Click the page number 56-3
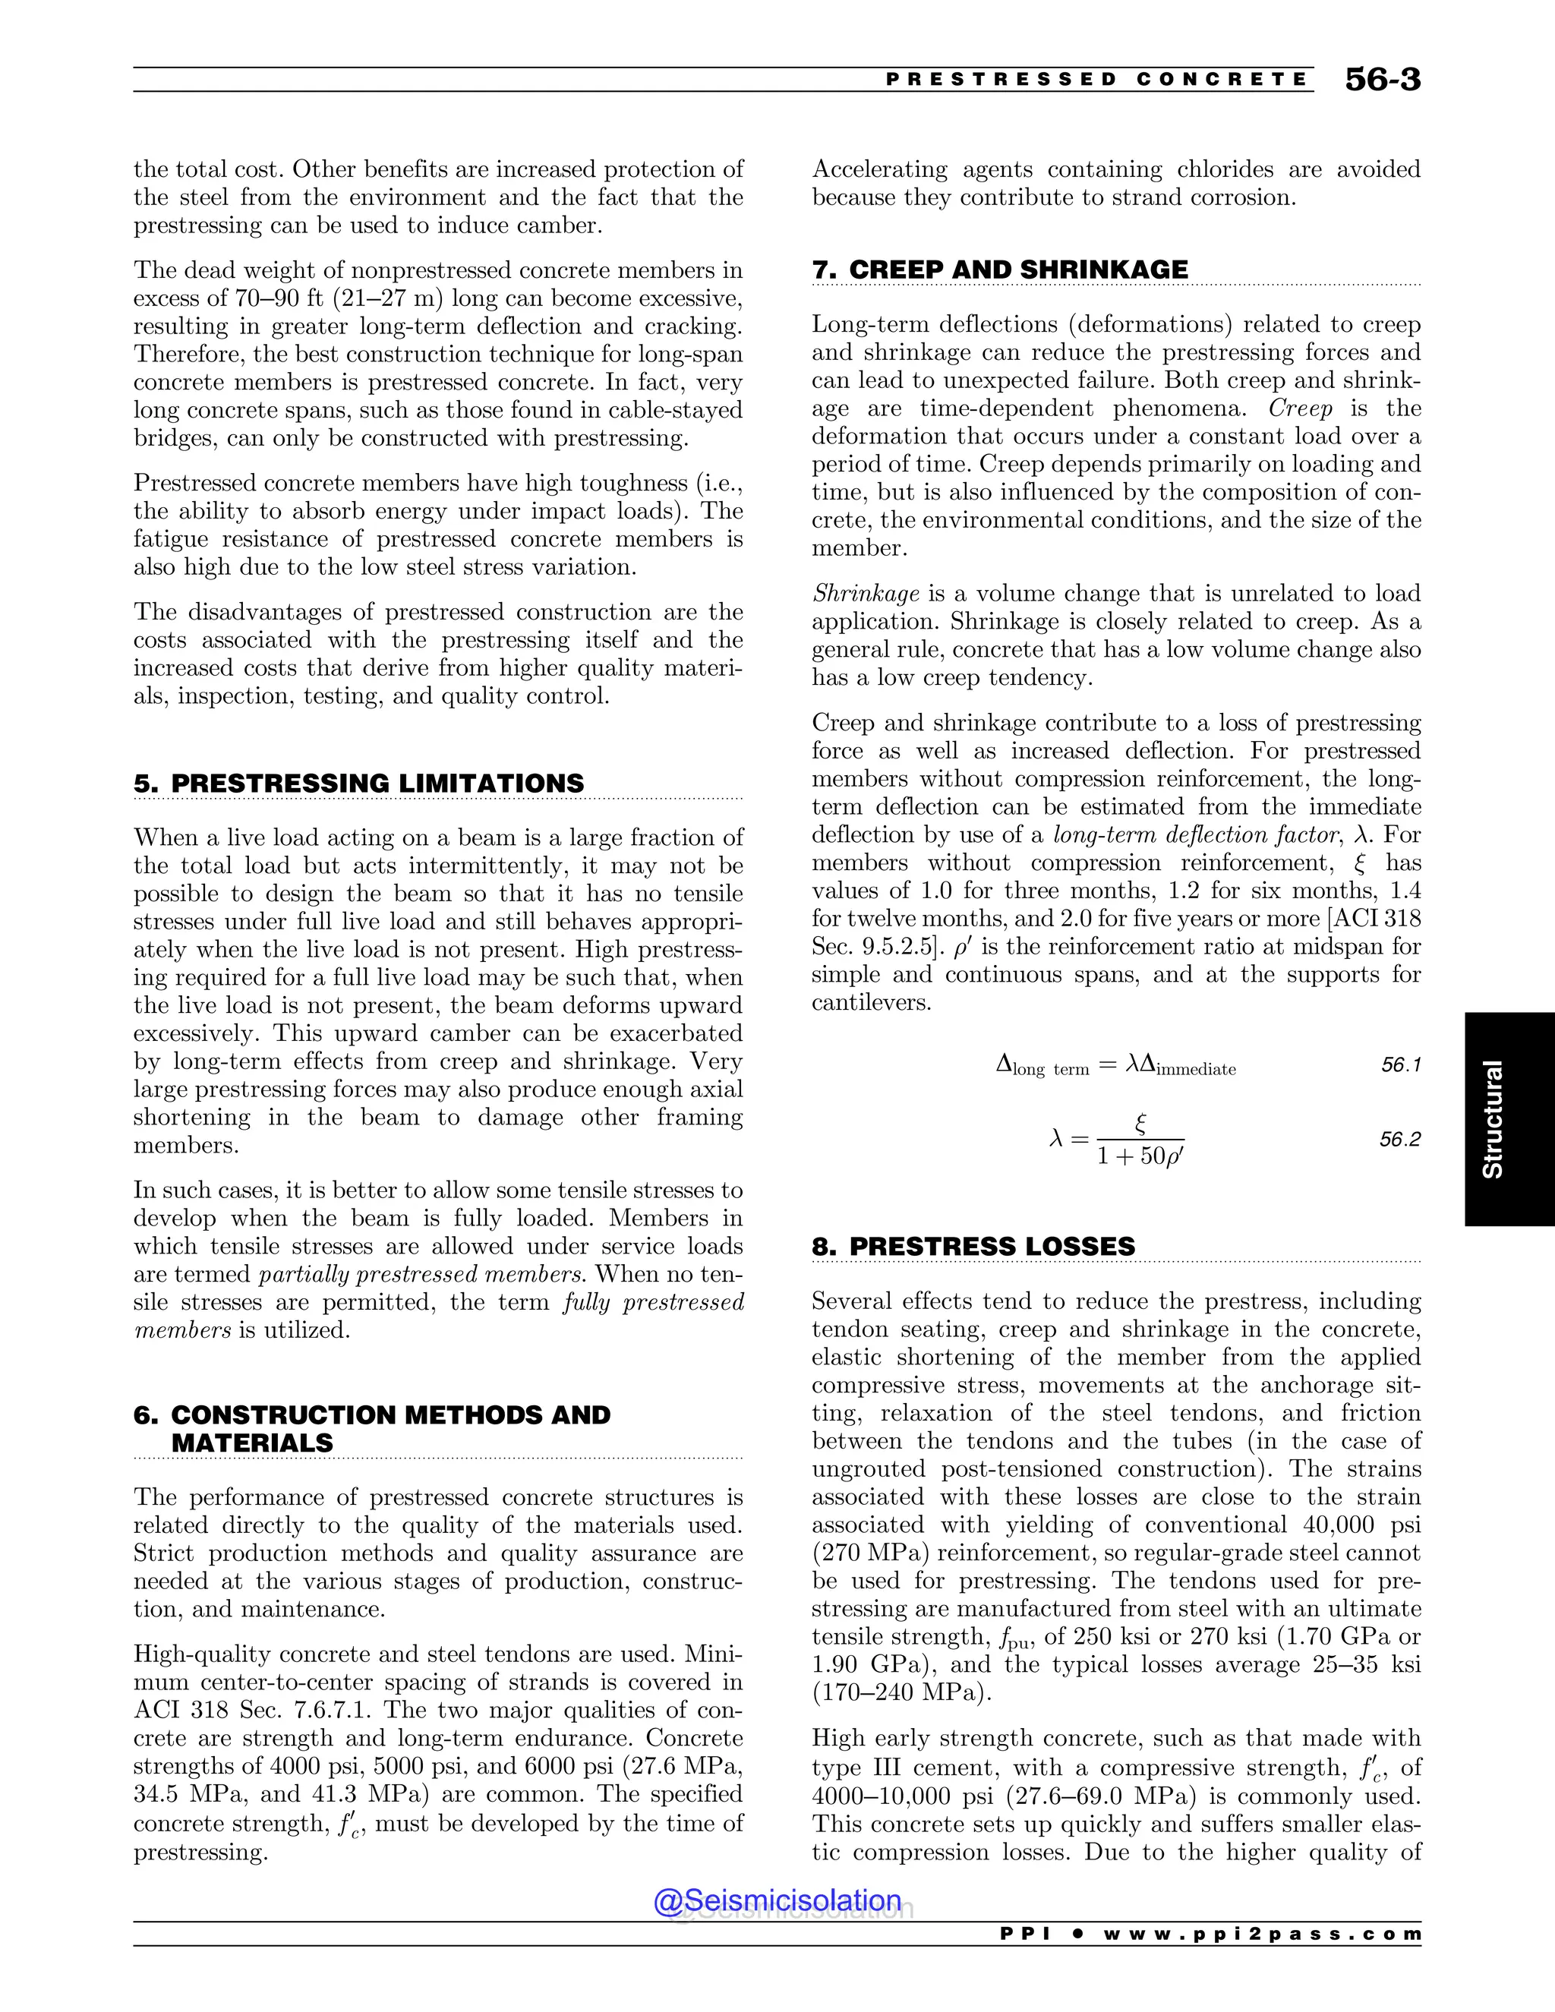1382,80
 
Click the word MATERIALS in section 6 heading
251,1443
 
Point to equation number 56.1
1400,1065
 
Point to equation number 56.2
1400,1140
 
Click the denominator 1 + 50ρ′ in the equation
1140,1156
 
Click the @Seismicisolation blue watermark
777,1900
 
